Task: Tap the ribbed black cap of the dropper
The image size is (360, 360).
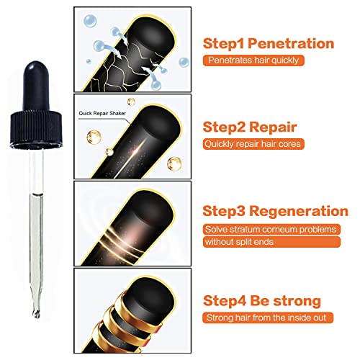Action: (x=36, y=129)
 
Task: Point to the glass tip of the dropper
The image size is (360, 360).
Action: (x=37, y=311)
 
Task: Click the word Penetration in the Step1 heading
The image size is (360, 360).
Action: (x=291, y=44)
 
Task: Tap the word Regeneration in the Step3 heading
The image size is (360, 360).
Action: (x=299, y=212)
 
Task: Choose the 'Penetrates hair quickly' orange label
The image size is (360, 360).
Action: (x=253, y=60)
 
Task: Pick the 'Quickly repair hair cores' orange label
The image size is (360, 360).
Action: (x=253, y=144)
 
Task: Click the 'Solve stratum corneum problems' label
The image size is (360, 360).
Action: (x=271, y=230)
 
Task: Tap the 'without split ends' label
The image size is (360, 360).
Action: (x=271, y=242)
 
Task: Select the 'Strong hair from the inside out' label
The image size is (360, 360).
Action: (x=268, y=318)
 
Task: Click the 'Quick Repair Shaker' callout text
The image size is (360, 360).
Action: (x=102, y=114)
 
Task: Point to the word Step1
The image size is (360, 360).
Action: (x=224, y=44)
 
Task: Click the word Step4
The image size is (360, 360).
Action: (x=225, y=301)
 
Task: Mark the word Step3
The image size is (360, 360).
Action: (x=224, y=212)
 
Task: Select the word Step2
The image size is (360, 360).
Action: (x=225, y=127)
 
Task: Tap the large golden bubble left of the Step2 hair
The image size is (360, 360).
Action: (x=94, y=137)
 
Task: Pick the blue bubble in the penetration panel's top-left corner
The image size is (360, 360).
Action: (x=90, y=21)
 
